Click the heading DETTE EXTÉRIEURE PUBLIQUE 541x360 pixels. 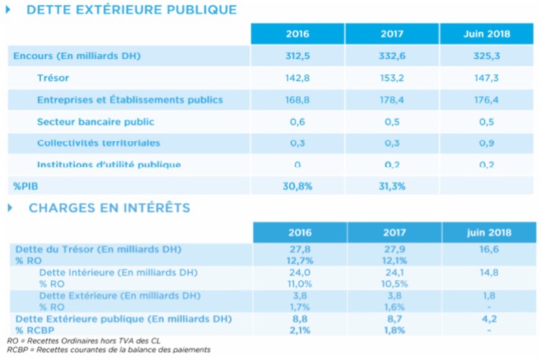[x=131, y=10]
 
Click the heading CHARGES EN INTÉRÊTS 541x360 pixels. [x=109, y=207]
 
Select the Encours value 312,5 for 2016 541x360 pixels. [x=297, y=56]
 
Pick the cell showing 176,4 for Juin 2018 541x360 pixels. [x=486, y=100]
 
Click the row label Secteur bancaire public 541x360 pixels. [x=96, y=121]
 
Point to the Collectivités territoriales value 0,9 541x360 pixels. [x=486, y=143]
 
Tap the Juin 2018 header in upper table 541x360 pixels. [x=486, y=34]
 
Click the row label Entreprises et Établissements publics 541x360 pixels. [x=129, y=100]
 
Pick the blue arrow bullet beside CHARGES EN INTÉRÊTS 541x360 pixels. [x=9, y=207]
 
